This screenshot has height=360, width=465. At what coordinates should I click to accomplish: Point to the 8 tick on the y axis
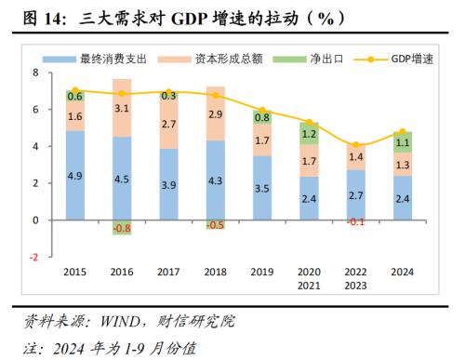pos(35,73)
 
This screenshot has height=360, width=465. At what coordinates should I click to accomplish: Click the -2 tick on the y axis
pos(33,258)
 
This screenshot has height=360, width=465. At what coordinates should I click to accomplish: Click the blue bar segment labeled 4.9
pos(75,175)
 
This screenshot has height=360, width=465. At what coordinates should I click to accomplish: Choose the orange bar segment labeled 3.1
pos(122,109)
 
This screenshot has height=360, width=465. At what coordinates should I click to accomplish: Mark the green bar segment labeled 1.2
pos(308,133)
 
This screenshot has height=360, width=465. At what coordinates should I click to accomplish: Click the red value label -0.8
pos(122,229)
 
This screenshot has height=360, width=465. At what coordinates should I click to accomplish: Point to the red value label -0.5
pos(215,225)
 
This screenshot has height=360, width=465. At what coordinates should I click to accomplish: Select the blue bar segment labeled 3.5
pos(261,188)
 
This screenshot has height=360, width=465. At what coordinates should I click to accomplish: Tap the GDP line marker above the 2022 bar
pos(354,145)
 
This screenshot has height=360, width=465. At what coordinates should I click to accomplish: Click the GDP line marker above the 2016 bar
pos(122,94)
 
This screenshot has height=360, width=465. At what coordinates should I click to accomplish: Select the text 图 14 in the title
pos(36,18)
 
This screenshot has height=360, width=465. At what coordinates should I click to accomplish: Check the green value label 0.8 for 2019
pos(261,117)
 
